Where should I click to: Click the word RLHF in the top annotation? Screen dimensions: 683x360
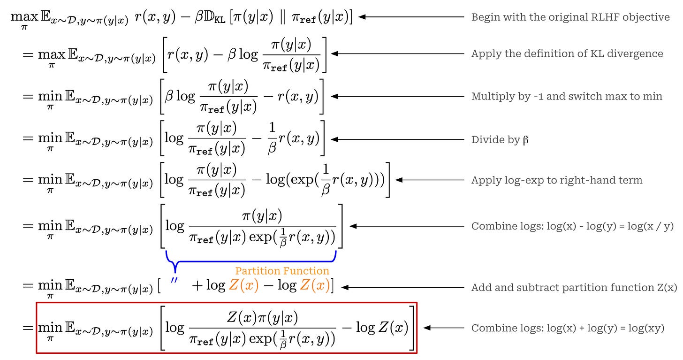[x=609, y=17]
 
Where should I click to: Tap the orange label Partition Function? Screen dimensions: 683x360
[x=282, y=271]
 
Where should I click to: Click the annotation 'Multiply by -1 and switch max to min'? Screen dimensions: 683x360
[x=566, y=96]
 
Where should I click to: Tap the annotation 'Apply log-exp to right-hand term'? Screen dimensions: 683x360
[x=556, y=180]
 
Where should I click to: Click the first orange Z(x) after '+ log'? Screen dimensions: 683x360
[x=243, y=286]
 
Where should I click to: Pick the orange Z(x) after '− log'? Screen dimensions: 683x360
[x=314, y=286]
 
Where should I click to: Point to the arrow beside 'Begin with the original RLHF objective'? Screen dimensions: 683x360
[x=412, y=17]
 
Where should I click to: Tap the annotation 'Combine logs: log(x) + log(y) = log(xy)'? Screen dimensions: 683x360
[x=568, y=328]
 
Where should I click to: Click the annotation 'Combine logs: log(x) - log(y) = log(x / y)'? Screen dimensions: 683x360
[x=572, y=226]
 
